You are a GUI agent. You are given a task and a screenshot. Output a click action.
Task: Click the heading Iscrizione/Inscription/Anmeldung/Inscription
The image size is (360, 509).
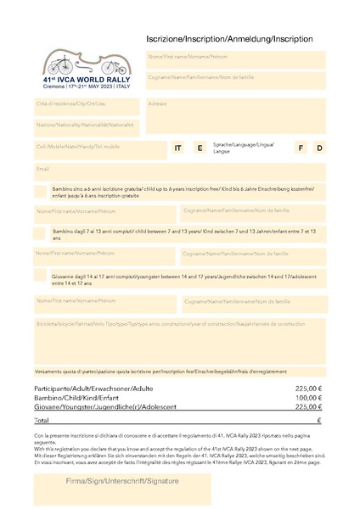pos(229,39)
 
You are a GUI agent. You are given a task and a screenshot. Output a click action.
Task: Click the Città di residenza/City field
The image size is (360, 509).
pos(86,105)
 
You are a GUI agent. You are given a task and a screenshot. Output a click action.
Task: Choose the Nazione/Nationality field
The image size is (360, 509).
pos(86,126)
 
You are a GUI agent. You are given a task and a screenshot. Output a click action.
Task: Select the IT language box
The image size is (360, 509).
pos(178,148)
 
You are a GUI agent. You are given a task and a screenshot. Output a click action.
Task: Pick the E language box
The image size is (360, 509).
pos(200,148)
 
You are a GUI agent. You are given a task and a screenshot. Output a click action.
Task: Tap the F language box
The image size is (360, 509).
pos(300,148)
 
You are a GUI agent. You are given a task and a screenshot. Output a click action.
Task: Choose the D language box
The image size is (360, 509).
pos(319,148)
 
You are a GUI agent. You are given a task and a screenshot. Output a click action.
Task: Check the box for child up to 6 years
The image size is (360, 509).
pos(40,192)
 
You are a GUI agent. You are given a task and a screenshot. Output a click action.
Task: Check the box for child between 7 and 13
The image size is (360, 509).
pos(40,232)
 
